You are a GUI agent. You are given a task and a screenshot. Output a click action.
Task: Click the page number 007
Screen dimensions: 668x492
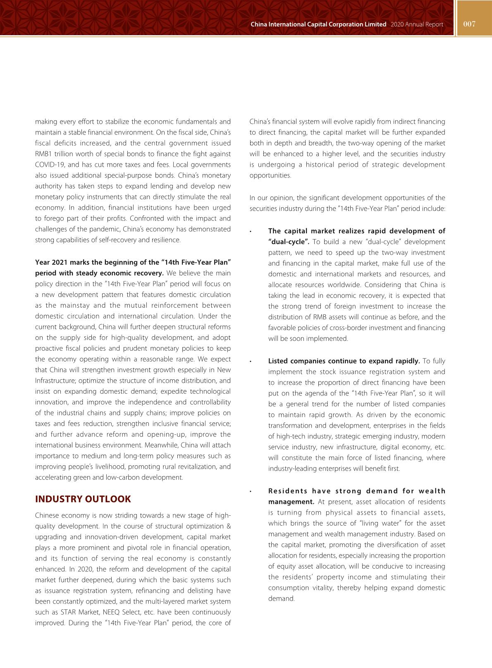(470, 24)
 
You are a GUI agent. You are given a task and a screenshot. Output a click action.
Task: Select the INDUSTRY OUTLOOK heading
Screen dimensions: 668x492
(83, 499)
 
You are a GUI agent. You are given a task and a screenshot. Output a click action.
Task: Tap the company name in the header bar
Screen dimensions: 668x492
(318, 24)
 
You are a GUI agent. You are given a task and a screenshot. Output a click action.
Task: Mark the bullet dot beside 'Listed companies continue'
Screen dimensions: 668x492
(251, 362)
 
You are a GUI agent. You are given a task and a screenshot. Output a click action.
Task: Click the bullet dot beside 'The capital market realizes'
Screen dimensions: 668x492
(251, 232)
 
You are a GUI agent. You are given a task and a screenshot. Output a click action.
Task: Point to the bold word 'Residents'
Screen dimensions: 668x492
(288, 491)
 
